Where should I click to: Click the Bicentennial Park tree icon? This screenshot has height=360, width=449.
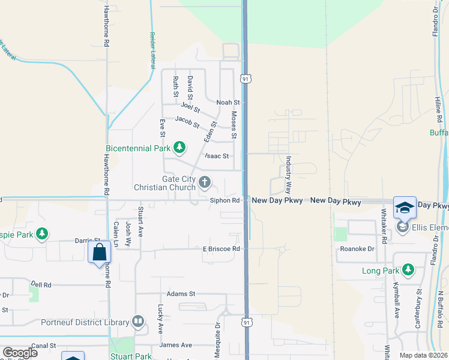coord(179,147)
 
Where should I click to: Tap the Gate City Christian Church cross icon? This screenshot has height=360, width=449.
coord(205,181)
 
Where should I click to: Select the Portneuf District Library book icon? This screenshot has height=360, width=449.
coord(139,322)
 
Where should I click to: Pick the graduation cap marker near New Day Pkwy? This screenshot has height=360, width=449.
coord(405,208)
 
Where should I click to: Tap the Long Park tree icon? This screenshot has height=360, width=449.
coord(408,271)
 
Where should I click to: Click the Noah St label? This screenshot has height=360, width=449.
coord(228,103)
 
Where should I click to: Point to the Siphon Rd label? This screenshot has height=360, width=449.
coord(225,200)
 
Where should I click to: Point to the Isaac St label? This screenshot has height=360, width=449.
coord(217,156)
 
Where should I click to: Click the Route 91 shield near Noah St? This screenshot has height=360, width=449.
coord(245,79)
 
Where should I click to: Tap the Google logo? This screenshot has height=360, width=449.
coord(20,353)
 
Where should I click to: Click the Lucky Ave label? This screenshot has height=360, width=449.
coord(160,319)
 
